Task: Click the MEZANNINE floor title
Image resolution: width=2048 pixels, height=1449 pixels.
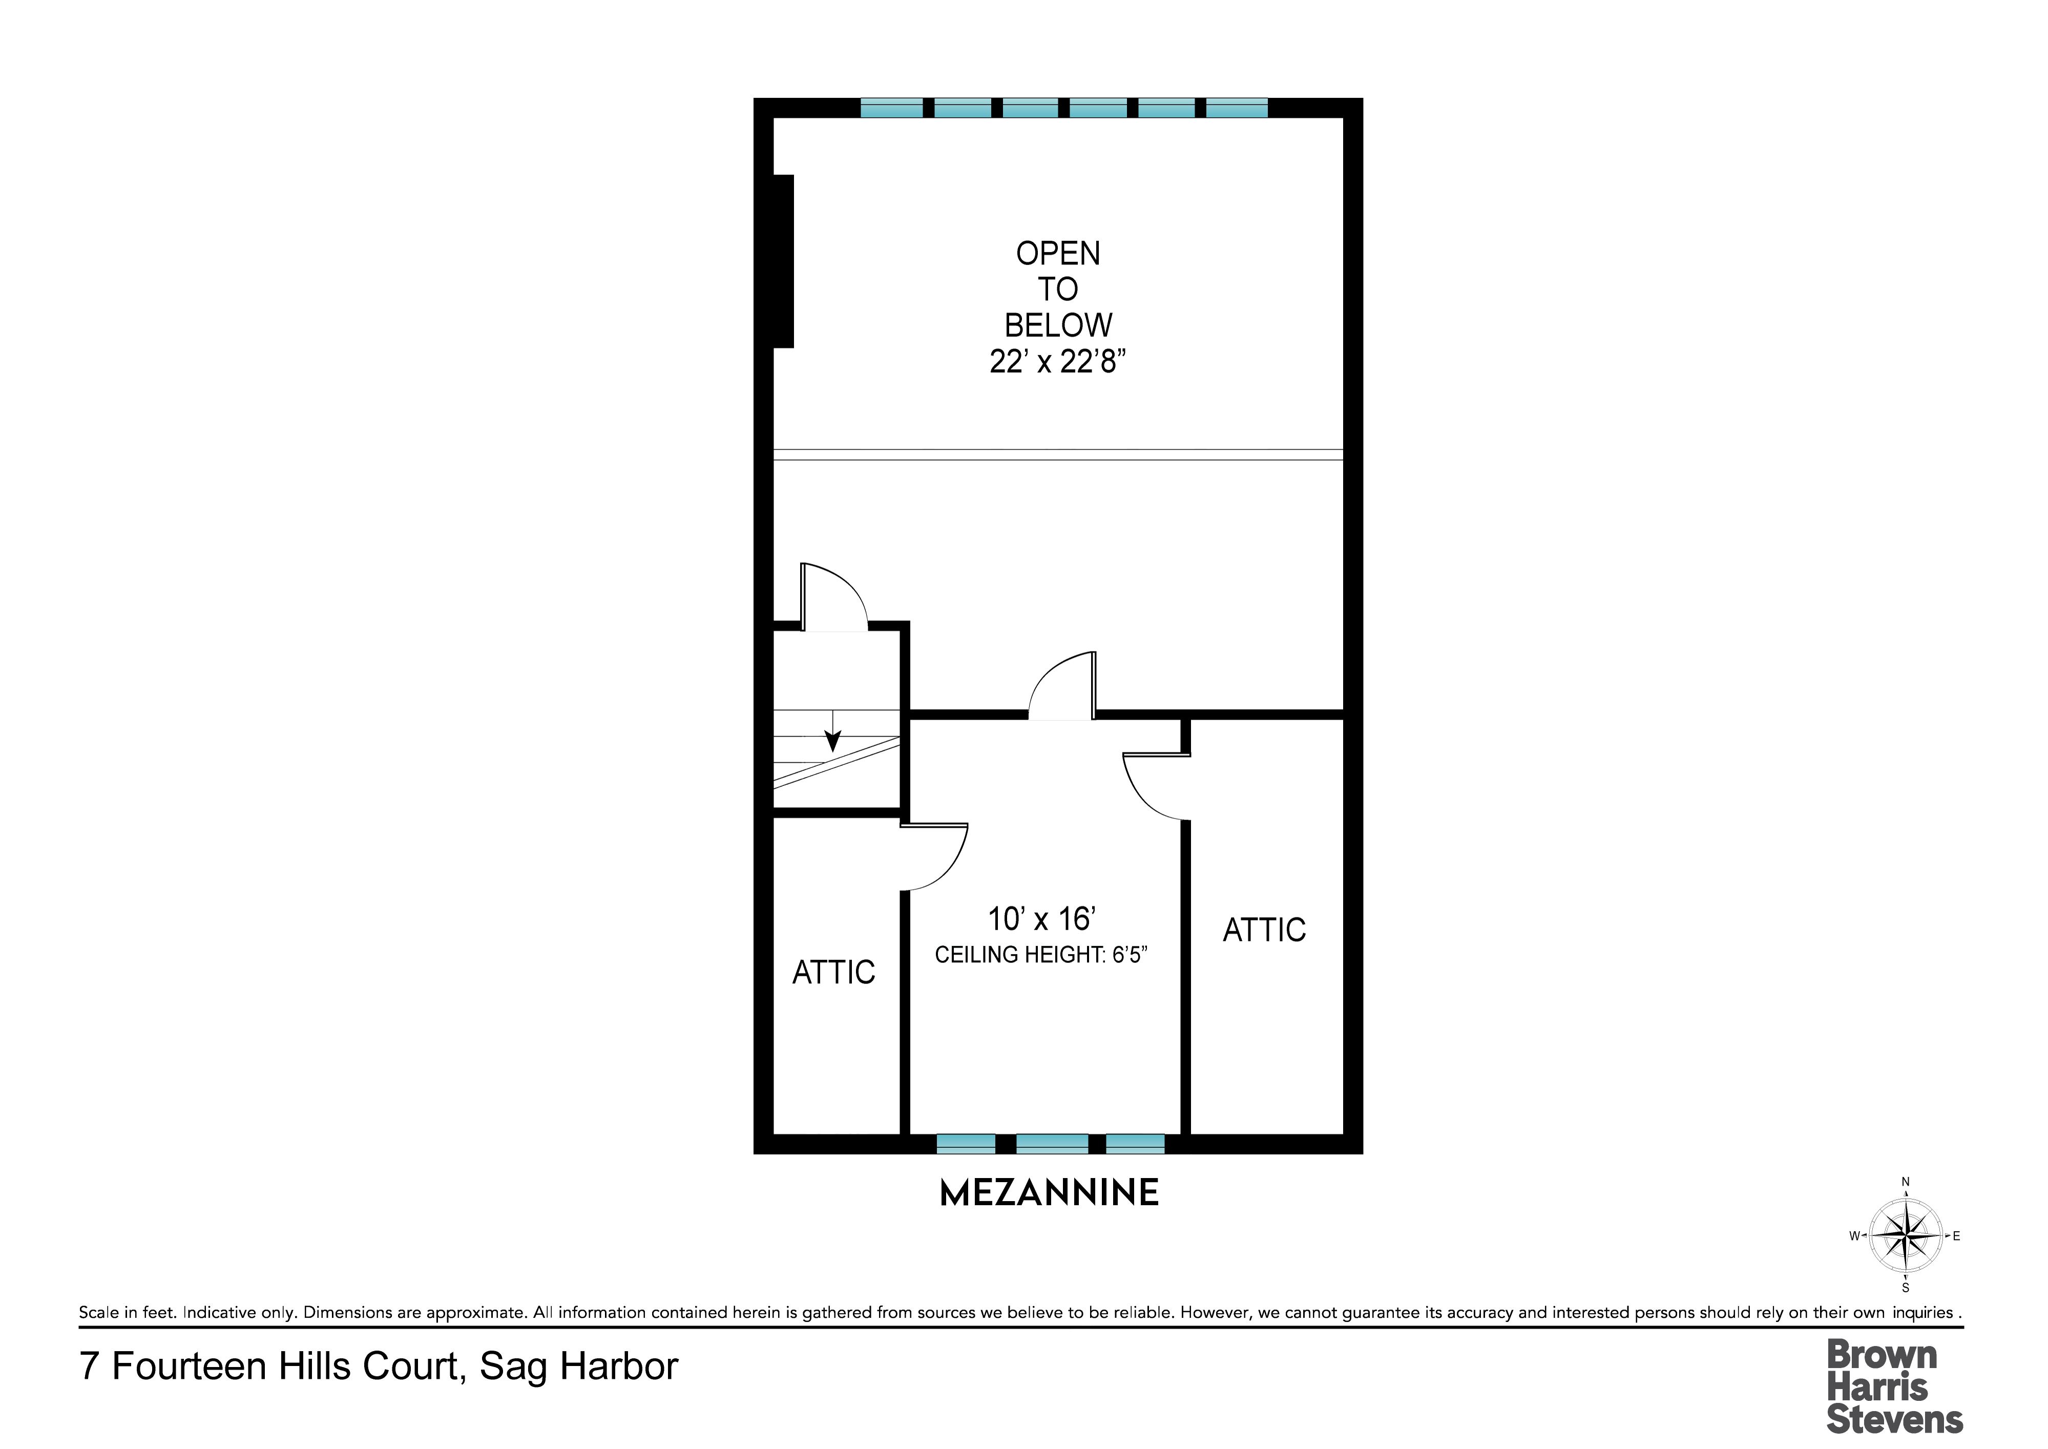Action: click(x=1050, y=1193)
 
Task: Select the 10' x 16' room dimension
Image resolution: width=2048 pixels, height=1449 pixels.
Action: click(x=1041, y=919)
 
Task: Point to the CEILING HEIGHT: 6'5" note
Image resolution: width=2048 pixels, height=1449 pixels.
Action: click(x=1040, y=955)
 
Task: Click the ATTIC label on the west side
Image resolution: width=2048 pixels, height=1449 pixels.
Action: click(x=833, y=973)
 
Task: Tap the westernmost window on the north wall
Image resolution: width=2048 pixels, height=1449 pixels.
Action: click(x=891, y=108)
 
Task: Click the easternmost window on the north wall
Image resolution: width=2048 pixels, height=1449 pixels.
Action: click(x=1237, y=108)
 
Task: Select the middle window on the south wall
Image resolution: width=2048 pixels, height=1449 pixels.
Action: click(x=1052, y=1144)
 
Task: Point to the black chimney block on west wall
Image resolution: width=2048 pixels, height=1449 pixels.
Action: click(x=783, y=261)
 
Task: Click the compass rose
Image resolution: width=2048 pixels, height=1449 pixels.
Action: click(x=1905, y=1236)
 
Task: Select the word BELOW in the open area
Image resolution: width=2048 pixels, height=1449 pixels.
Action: click(x=1058, y=325)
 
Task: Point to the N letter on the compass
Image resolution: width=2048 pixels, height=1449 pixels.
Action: click(x=1905, y=1182)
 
